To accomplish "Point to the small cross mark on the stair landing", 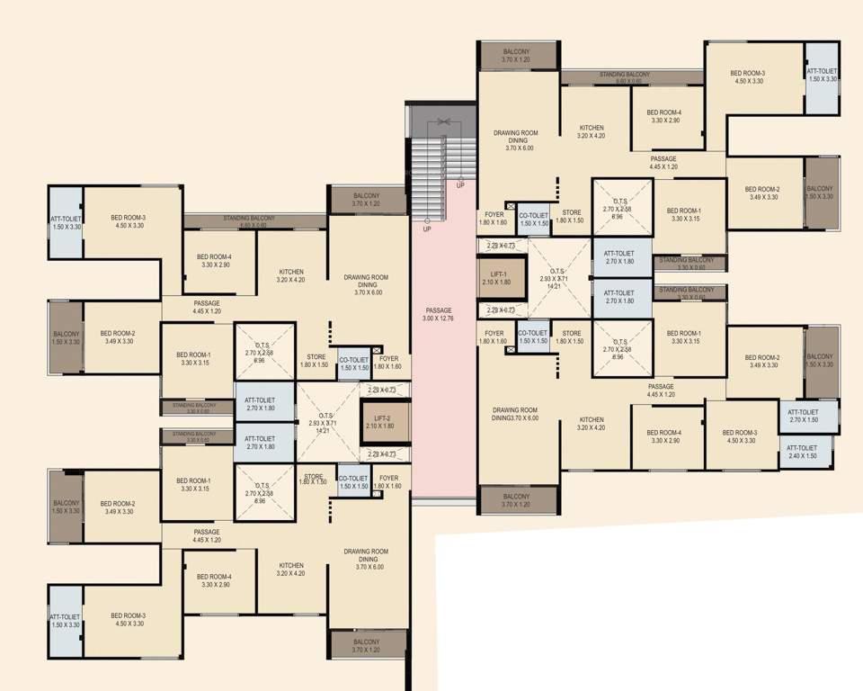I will pos(443,121).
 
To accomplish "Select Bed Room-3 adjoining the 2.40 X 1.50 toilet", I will pos(741,437).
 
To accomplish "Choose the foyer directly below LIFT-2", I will pos(389,482).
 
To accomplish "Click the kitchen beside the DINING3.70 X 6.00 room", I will pos(592,424).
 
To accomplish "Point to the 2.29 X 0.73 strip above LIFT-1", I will pos(501,246).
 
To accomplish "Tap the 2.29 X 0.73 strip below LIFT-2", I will pos(384,454).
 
